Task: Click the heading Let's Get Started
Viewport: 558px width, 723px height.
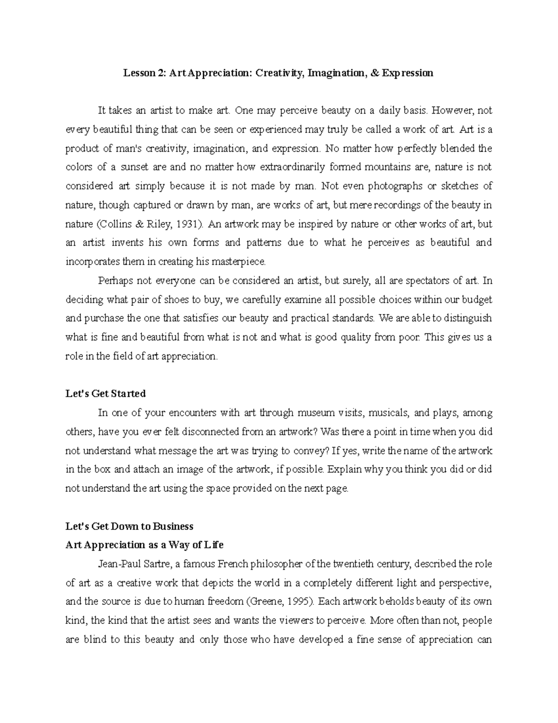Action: [106, 394]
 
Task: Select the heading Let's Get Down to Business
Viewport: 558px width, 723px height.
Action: [129, 527]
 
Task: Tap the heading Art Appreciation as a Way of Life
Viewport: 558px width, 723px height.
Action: [145, 545]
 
